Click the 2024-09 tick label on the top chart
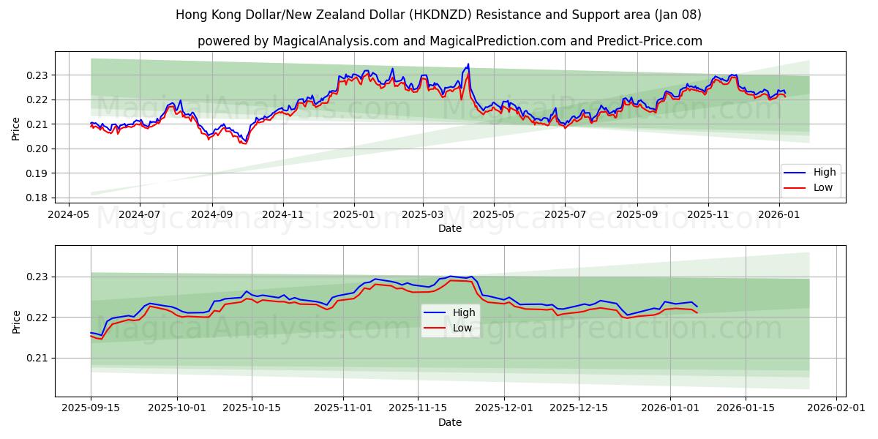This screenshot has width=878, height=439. (x=212, y=215)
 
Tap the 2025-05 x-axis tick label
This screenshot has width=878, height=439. (x=494, y=215)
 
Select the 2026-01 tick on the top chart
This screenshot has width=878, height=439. (x=778, y=215)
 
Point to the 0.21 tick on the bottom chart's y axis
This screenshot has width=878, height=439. (x=38, y=358)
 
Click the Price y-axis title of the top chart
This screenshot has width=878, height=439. (x=16, y=130)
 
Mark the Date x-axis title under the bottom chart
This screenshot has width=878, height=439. (x=450, y=422)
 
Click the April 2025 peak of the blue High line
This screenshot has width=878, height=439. (x=468, y=64)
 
